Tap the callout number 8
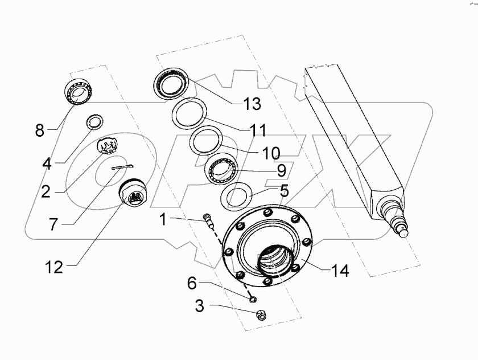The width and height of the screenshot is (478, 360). coord(39,130)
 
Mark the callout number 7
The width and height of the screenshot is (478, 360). coord(53,224)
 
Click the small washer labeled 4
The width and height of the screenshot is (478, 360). coord(93,122)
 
